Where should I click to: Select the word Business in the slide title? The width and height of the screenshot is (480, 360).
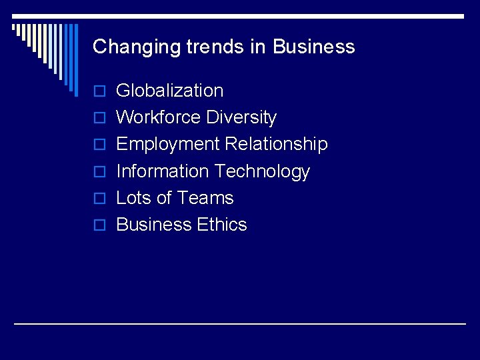pyautogui.click(x=313, y=47)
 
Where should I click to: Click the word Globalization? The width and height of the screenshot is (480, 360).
pyautogui.click(x=170, y=91)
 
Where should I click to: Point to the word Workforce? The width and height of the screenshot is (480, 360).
pyautogui.click(x=159, y=117)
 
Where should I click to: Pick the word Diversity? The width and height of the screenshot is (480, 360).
pyautogui.click(x=241, y=117)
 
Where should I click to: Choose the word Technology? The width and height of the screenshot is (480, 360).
pyautogui.click(x=262, y=171)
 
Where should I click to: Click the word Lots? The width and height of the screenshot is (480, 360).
pyautogui.click(x=134, y=198)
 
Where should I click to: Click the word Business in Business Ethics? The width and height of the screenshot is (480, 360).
pyautogui.click(x=153, y=225)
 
